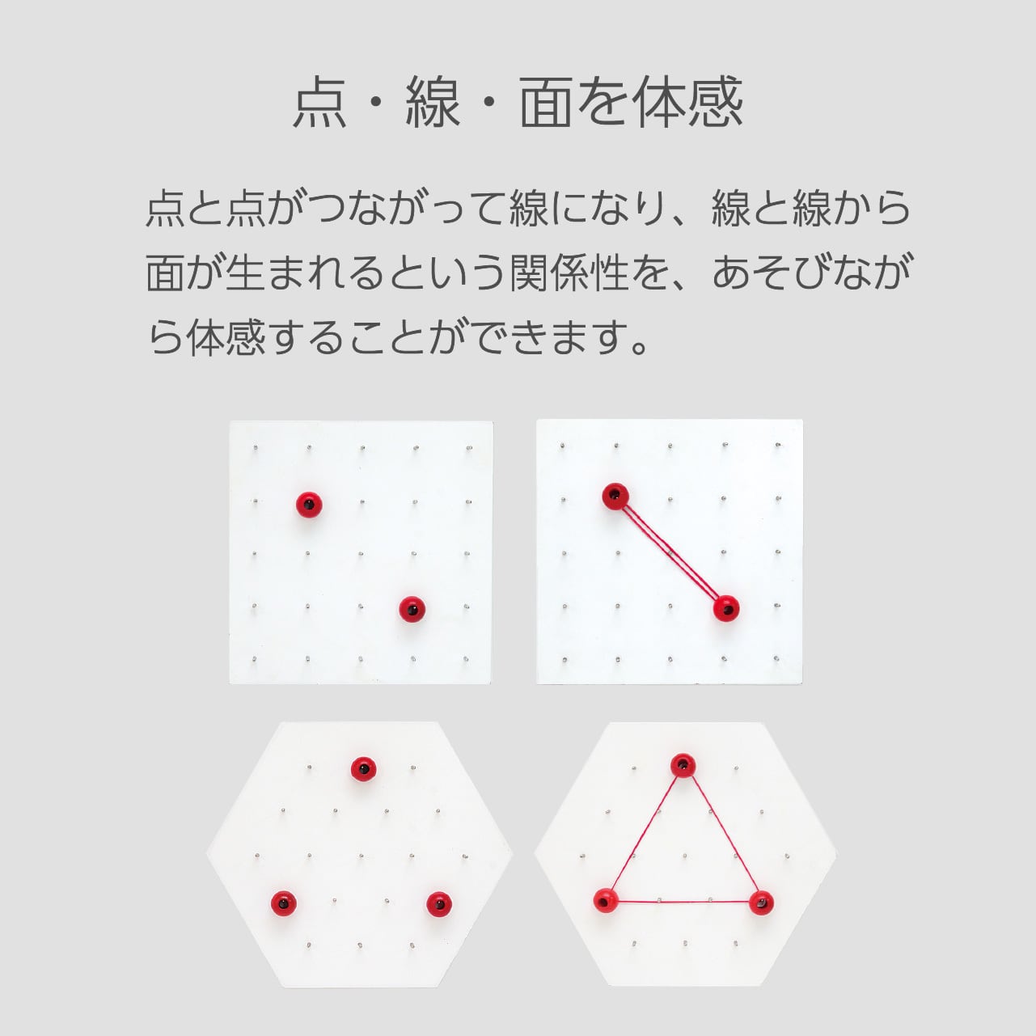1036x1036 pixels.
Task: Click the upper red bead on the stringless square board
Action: (309, 505)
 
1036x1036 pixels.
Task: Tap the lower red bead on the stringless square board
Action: (412, 608)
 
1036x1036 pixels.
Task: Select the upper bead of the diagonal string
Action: (615, 496)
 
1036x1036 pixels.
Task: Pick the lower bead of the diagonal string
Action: (726, 607)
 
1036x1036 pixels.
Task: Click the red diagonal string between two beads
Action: (670, 552)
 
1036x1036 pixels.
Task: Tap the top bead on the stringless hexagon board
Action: (364, 767)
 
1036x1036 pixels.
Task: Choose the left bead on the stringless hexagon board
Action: (281, 901)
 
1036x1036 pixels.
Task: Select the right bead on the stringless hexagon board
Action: (438, 903)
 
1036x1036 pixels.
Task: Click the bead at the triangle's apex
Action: (683, 764)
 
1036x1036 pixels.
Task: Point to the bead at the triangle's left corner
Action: (604, 899)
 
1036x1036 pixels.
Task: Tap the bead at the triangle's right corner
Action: (760, 902)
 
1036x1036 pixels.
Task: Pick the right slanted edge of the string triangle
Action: (721, 833)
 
